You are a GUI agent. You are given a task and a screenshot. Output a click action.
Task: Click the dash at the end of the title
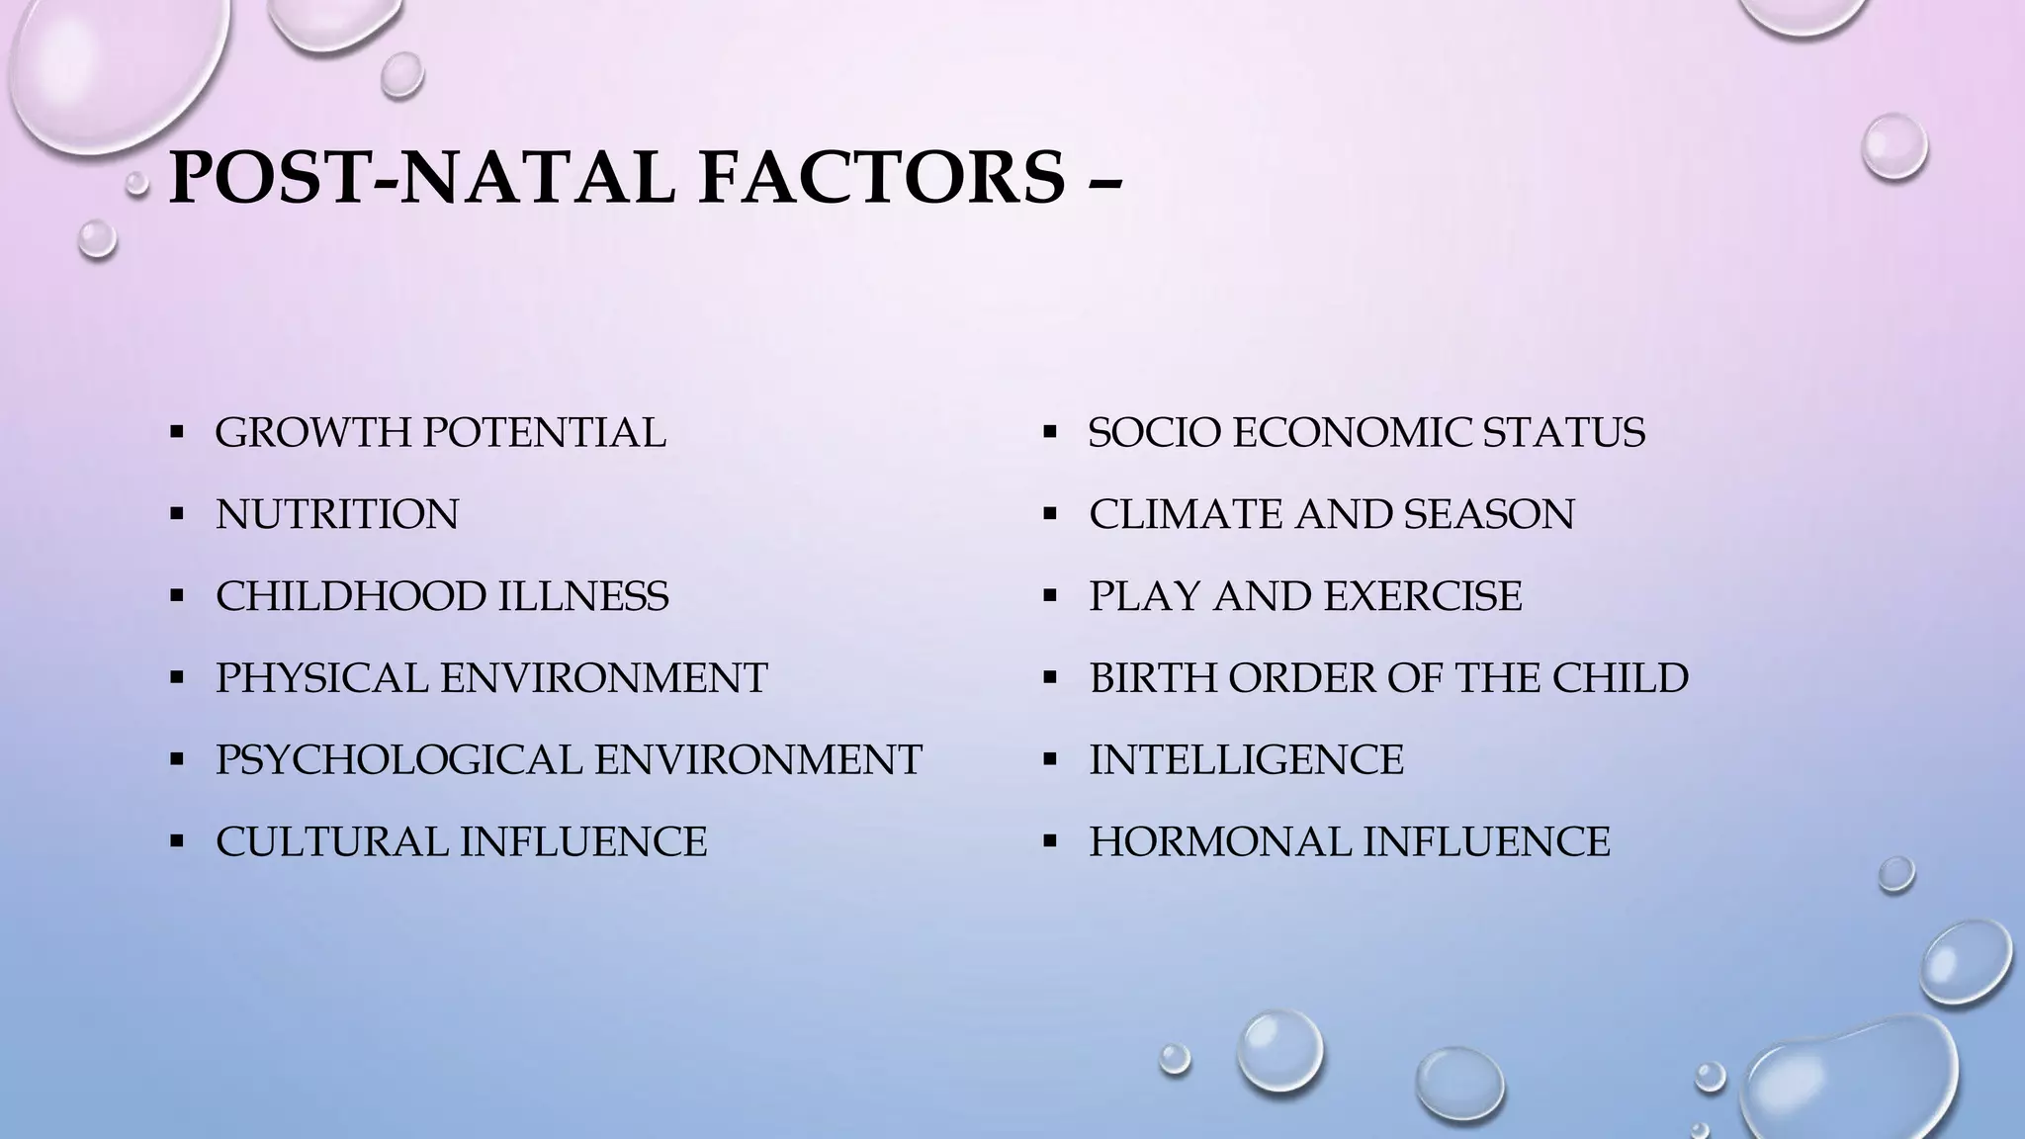[1108, 182]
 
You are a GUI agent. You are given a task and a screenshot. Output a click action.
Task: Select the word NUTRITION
[337, 514]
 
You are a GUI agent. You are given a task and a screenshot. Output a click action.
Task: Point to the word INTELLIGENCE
[1246, 760]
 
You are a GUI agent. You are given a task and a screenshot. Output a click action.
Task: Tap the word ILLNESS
[582, 596]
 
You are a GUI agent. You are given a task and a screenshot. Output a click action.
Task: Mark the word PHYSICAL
[320, 678]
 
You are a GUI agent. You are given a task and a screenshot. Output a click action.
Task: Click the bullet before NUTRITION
[177, 514]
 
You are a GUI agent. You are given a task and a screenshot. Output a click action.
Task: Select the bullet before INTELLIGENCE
[1050, 760]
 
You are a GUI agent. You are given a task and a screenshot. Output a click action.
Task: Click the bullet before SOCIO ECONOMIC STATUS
[1050, 432]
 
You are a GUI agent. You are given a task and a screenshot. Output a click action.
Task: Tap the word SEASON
[1489, 514]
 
